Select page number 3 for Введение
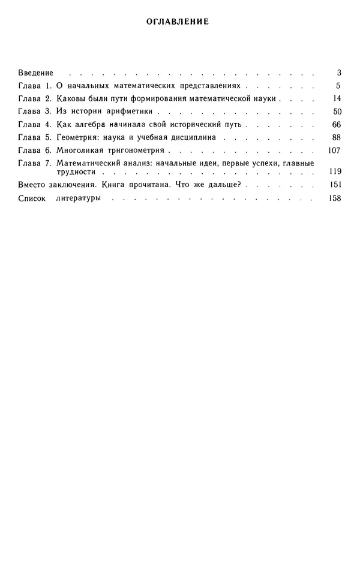tap(338, 73)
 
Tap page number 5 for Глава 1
tap(338, 86)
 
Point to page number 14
tap(337, 98)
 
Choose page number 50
tap(336, 112)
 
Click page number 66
tap(336, 125)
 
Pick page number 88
tap(336, 137)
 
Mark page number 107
tap(334, 150)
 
